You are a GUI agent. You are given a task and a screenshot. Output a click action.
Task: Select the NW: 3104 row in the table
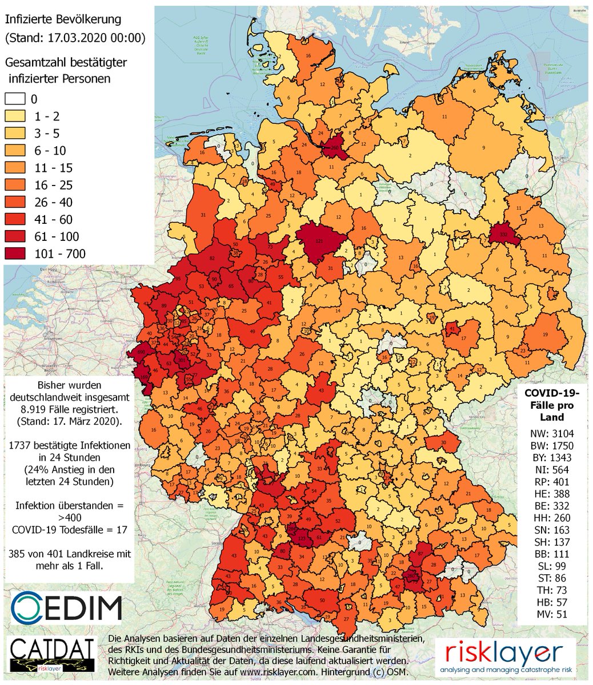(x=551, y=433)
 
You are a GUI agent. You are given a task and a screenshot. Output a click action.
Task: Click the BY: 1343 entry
(x=551, y=458)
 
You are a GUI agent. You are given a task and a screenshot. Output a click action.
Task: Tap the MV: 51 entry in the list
(x=551, y=614)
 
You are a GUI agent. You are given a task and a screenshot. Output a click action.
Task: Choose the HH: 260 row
(x=551, y=518)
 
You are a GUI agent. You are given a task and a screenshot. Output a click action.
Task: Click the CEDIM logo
(x=66, y=607)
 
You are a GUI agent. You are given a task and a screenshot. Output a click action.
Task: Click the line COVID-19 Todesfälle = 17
(x=69, y=530)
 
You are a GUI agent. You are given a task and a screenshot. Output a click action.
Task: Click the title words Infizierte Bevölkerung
(x=63, y=19)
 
